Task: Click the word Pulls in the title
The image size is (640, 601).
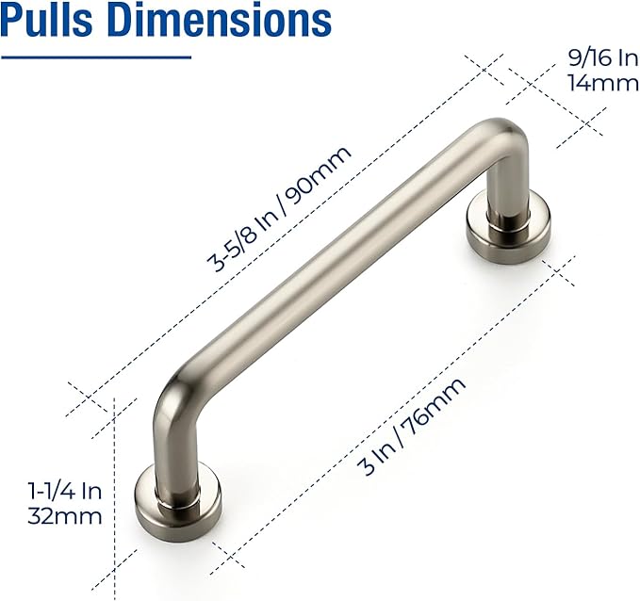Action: coord(48,21)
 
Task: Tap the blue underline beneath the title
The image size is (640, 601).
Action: coord(95,56)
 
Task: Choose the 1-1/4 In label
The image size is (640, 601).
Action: coord(64,491)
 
